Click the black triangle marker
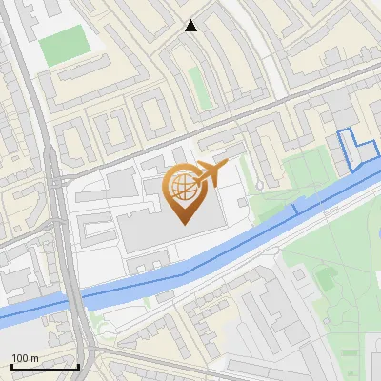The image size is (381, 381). click(x=191, y=26)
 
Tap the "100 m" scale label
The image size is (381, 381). click(x=25, y=358)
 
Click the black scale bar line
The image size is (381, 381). click(x=45, y=367)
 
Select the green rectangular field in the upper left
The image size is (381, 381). click(x=63, y=44)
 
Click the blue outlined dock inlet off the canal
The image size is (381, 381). click(x=356, y=149)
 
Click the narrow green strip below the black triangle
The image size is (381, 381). click(x=197, y=87)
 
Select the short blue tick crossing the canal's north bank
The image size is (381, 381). click(x=295, y=208)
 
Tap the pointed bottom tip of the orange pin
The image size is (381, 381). click(x=184, y=224)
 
